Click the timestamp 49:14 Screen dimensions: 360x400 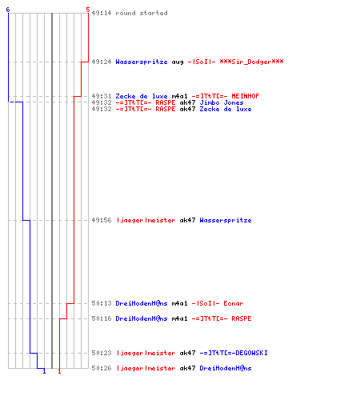pos(102,13)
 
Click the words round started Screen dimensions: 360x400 pos(142,13)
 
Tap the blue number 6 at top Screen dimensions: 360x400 pos(8,10)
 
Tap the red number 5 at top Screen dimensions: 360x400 pos(88,10)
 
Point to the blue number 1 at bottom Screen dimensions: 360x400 pos(44,371)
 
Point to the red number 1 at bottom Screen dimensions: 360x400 pos(59,371)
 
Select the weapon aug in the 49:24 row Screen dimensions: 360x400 pos(178,62)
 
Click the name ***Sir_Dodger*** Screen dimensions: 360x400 pos(251,62)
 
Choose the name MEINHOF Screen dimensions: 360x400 pos(246,96)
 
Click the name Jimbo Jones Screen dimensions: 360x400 pos(222,102)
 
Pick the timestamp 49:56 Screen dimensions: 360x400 pos(102,220)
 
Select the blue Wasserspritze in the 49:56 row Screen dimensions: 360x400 pos(226,220)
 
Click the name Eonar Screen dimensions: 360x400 pos(234,303)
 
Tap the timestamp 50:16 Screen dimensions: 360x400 pos(102,318)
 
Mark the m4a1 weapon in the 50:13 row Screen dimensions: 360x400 pos(179,303)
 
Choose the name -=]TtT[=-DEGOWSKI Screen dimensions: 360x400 pos(234,353)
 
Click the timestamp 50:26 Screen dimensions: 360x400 pos(102,368)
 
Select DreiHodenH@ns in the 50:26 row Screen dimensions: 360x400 pos(226,368)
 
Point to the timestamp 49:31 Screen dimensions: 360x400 pos(102,96)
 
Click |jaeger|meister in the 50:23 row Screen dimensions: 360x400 pos(146,353)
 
